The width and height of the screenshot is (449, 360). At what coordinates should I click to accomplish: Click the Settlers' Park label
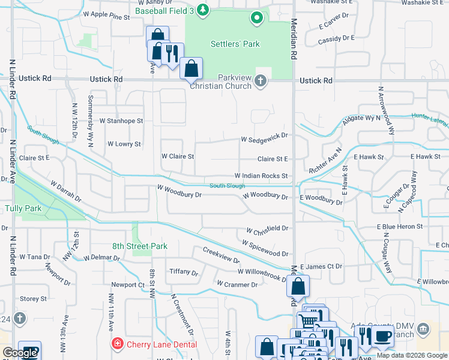pos(235,44)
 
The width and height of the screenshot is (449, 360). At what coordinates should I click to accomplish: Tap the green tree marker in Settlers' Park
pos(257,19)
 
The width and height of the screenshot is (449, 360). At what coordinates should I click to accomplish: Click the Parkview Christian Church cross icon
pos(261,80)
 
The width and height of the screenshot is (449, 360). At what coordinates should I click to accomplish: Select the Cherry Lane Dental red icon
pos(118,343)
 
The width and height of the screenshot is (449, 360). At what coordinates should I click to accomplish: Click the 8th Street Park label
pos(139,246)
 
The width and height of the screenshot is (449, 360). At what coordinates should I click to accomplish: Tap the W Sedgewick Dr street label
pos(265,139)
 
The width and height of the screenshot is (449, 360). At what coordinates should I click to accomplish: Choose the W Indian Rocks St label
pos(261,176)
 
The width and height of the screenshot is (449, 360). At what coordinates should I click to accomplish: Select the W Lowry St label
pos(124,144)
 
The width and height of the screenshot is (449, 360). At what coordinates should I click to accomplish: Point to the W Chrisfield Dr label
pos(267,229)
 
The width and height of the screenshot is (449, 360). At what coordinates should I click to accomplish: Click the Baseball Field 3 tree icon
pos(203,9)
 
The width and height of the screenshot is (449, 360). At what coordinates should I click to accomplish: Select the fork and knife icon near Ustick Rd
pos(172,53)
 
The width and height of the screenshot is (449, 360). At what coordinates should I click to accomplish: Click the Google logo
pos(19,353)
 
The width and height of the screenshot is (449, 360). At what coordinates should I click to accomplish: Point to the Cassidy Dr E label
pos(337,38)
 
